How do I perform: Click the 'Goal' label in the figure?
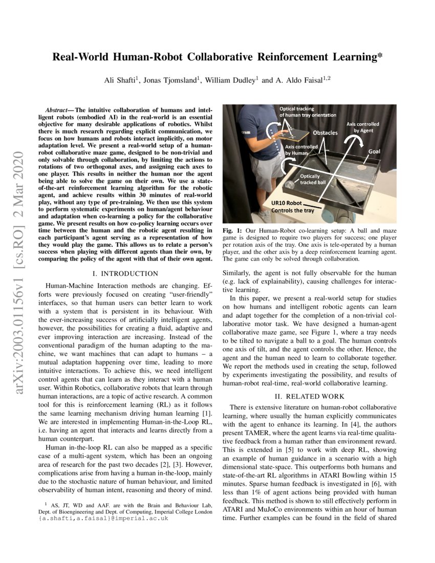[x=374, y=152]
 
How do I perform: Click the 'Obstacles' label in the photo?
[x=325, y=133]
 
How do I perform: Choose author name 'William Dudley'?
[x=232, y=80]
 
